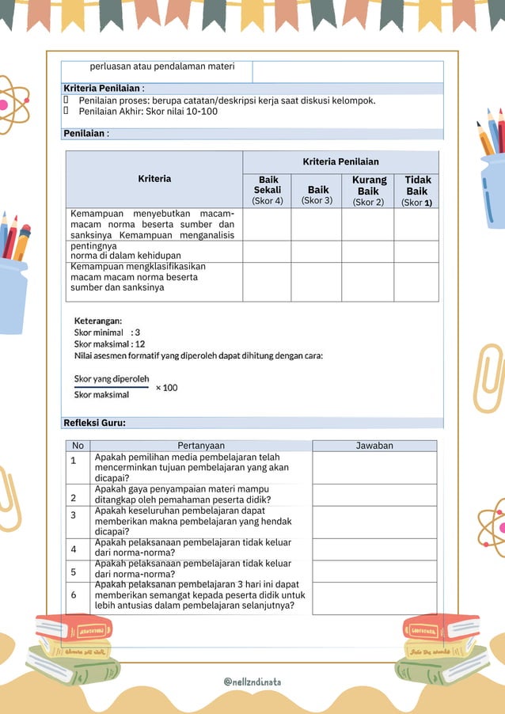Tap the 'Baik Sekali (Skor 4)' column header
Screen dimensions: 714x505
(267, 191)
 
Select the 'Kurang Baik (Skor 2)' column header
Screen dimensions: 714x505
(368, 191)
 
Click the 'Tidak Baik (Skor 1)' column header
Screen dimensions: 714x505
(416, 191)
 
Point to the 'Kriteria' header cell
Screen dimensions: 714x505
(154, 179)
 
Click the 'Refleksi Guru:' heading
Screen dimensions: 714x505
(94, 423)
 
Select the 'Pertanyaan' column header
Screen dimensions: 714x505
(201, 446)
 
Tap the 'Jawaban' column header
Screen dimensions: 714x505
(374, 446)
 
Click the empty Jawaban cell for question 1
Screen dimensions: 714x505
(374, 467)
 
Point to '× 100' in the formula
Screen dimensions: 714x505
(166, 388)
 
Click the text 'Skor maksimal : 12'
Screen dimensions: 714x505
(109, 344)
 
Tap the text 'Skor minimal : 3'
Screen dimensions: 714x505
(107, 332)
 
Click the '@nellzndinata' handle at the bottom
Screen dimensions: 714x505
(252, 682)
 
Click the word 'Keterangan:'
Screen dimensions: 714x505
(98, 321)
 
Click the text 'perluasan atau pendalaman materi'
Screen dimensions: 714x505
(162, 67)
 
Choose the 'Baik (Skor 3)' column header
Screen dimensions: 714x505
(318, 195)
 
